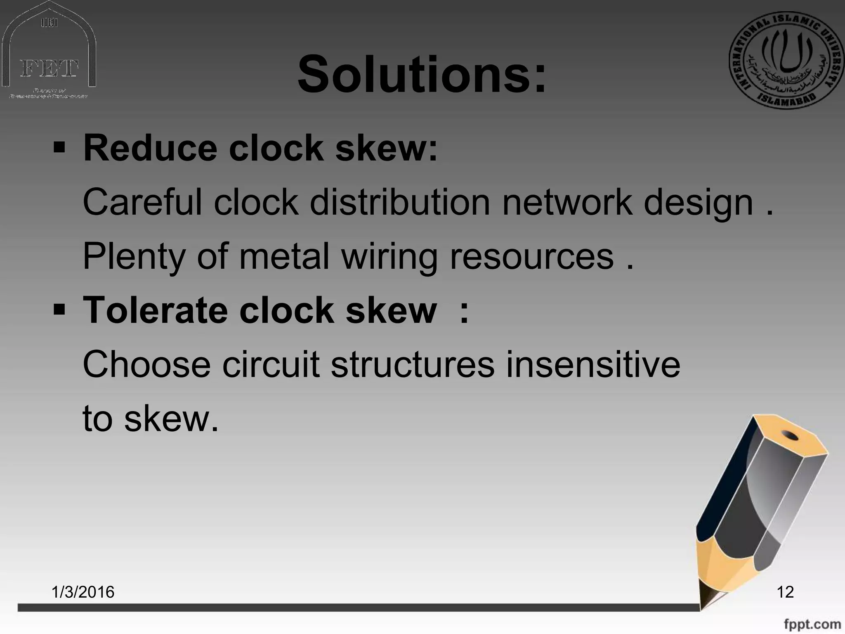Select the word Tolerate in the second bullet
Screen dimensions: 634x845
coord(155,310)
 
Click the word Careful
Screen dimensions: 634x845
coord(142,202)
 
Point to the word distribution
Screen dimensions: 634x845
coord(400,202)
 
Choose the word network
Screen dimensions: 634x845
coord(566,202)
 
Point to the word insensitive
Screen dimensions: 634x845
coord(592,364)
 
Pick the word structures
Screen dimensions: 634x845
coord(412,364)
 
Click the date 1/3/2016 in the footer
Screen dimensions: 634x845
coord(83,592)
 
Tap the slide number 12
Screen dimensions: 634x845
coord(785,592)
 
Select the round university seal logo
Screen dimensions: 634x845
coord(786,60)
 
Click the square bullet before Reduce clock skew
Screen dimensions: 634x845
coord(59,147)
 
